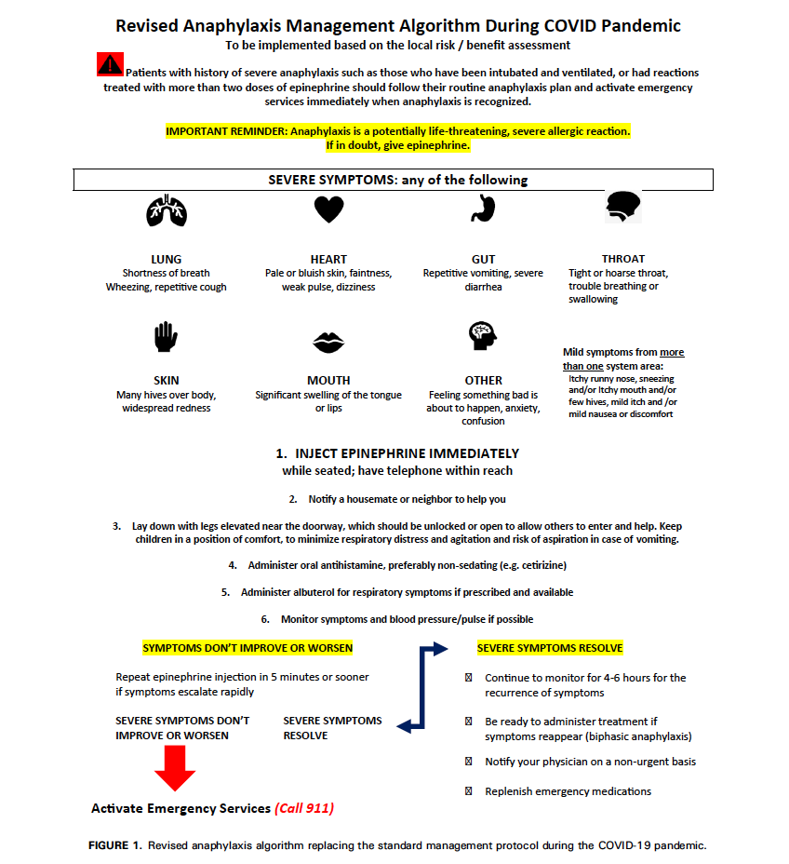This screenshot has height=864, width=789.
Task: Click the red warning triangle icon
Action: click(110, 64)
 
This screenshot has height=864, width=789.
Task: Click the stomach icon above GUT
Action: click(482, 210)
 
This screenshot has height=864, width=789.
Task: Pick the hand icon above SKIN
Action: click(166, 336)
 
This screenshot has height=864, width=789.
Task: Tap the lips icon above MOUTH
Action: click(328, 343)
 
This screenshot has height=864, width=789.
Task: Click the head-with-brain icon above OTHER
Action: click(483, 336)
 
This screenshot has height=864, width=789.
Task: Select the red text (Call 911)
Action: click(303, 808)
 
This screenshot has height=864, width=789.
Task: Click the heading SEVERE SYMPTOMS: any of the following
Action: click(397, 180)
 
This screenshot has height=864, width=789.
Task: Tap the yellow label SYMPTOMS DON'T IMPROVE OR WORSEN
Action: click(247, 648)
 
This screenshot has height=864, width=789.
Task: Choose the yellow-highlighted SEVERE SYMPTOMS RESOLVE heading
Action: click(550, 648)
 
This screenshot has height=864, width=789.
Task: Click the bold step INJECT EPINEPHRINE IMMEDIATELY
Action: click(407, 453)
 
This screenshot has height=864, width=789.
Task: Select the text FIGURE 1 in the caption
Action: click(119, 846)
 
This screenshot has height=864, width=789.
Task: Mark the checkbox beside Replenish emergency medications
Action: click(468, 791)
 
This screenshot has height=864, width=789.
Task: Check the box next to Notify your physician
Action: click(468, 762)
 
